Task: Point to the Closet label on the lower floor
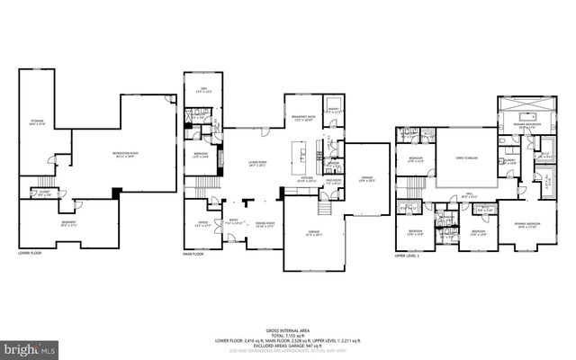(x=44, y=192)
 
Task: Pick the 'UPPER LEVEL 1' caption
(x=408, y=256)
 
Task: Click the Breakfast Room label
(x=301, y=118)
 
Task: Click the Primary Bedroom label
(x=526, y=224)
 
